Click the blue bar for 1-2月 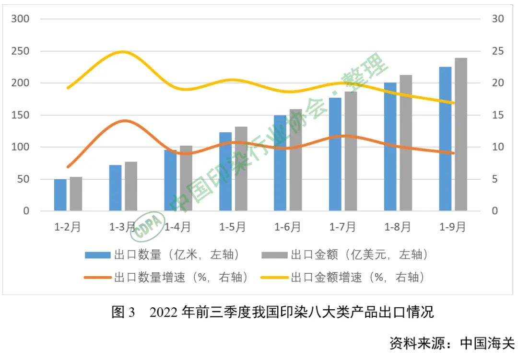tap(60, 195)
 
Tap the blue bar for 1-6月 tap(280, 163)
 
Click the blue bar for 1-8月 tap(390, 147)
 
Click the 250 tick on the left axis tap(21, 51)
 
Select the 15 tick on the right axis tap(498, 115)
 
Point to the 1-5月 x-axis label tap(233, 227)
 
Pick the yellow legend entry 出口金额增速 tap(343, 278)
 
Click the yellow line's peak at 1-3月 tap(123, 51)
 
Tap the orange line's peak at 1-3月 tap(124, 121)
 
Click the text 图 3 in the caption tap(124, 313)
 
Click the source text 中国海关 tap(487, 343)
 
